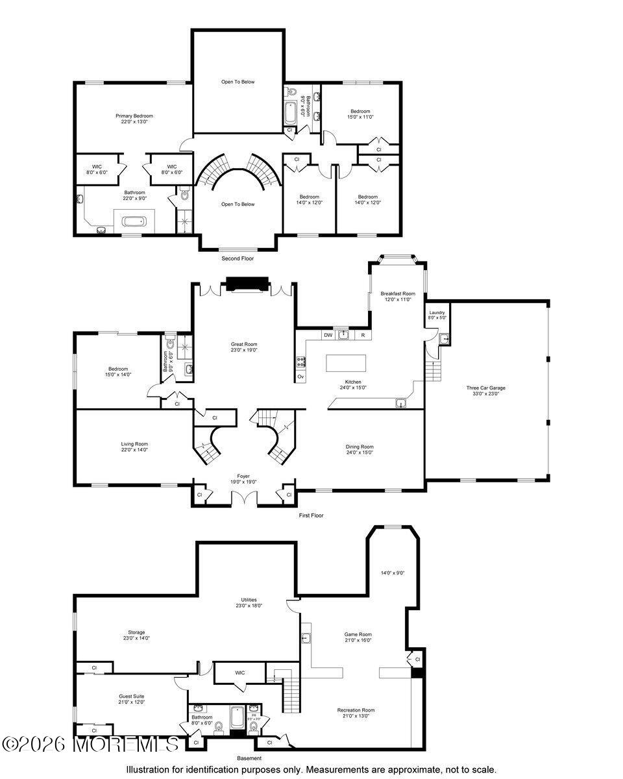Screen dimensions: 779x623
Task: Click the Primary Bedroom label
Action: (134, 116)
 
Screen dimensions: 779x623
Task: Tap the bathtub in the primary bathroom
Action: (134, 221)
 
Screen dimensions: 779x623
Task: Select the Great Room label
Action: (244, 344)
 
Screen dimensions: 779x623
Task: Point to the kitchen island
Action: (346, 362)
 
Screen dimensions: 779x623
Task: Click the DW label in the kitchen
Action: (328, 335)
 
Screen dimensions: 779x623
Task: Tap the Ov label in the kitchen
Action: (300, 377)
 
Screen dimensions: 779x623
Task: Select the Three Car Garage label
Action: (485, 388)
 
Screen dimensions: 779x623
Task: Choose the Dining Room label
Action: (359, 447)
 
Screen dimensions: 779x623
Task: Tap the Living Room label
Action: (134, 444)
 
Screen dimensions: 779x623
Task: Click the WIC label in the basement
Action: (239, 673)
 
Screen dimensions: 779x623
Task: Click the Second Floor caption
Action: (238, 258)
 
